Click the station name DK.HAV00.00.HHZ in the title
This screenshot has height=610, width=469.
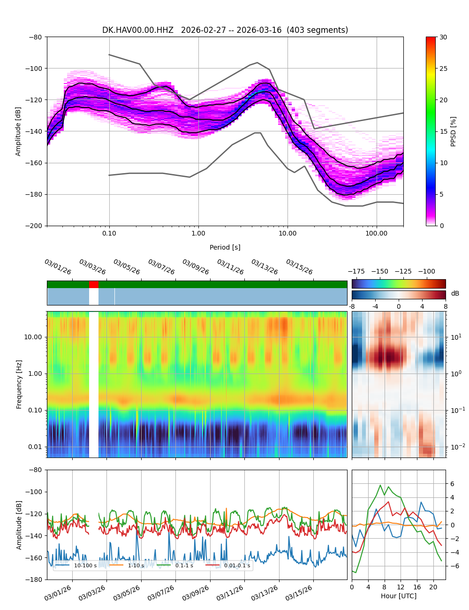[x=137, y=30]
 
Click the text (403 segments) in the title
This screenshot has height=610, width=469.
[x=318, y=30]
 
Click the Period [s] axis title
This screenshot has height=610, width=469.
[x=225, y=247]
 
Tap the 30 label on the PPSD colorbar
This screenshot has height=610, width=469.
[x=443, y=37]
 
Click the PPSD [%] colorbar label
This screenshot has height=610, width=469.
[x=454, y=131]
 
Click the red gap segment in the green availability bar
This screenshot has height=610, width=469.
[x=94, y=284]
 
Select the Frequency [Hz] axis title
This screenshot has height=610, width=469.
[x=19, y=384]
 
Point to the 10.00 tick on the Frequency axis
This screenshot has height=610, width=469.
[x=33, y=337]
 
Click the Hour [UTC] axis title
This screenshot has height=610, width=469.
[x=398, y=596]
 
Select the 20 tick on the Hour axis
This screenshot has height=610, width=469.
[x=433, y=587]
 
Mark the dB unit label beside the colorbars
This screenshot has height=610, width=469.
[x=455, y=293]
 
